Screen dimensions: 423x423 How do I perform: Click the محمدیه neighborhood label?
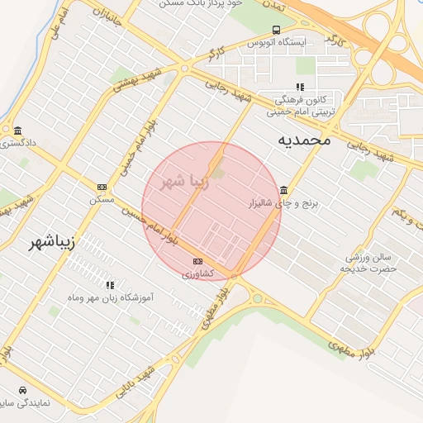[x=303, y=140]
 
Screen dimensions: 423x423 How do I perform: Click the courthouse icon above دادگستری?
[x=18, y=131]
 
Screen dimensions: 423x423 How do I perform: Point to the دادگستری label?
[x=18, y=143]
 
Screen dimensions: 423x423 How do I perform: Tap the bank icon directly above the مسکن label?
[x=102, y=188]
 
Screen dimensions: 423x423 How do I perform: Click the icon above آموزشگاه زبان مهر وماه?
[x=110, y=285]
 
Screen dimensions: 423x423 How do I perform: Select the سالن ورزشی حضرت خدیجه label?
[x=371, y=263]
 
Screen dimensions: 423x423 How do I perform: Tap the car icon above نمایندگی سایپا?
[x=21, y=390]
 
